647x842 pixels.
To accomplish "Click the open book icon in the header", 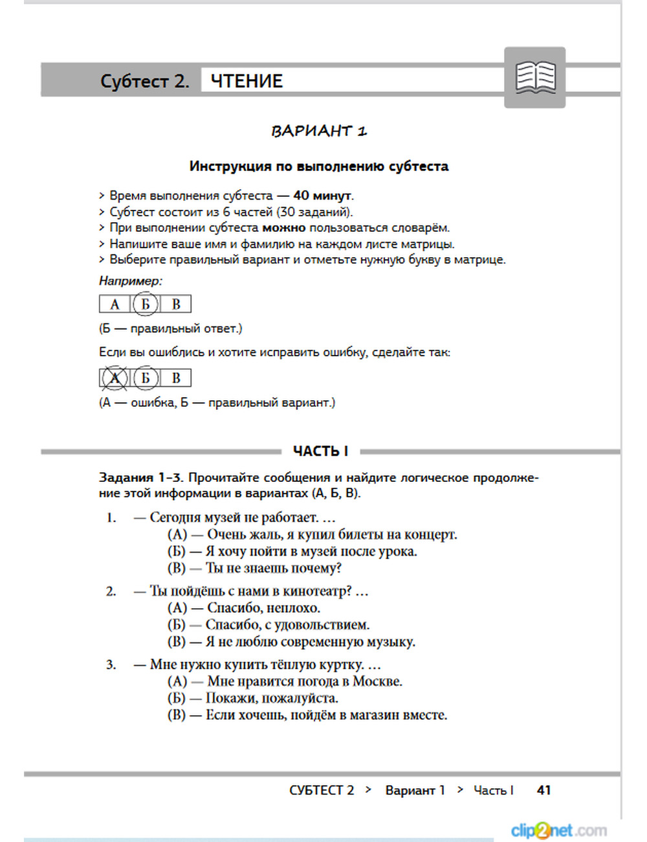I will pos(535,78).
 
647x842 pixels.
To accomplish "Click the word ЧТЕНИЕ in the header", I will pos(247,82).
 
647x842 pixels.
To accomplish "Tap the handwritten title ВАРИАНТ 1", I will pos(319,131).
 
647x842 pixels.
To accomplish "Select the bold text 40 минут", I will pos(323,196).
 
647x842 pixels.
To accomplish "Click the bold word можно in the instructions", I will pos(283,227).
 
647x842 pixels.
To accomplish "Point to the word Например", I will pos(130,281).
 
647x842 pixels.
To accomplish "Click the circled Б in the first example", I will pos(146,304).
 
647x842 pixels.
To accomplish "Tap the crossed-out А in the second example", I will pos(115,378).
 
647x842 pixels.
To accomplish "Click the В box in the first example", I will pos(176,304).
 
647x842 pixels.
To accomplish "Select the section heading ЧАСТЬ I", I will pos(320,451).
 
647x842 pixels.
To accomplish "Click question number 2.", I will pos(111,591).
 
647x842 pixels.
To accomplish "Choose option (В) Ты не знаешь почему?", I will pos(254,568).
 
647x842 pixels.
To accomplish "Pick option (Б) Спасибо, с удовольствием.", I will pos(269,625).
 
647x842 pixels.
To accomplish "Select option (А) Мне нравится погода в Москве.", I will pos(285,681).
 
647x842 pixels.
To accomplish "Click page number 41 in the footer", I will pos(544,790).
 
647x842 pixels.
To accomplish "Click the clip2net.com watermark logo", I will pos(558,830).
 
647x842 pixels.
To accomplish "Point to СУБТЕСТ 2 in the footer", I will pos(322,790).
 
